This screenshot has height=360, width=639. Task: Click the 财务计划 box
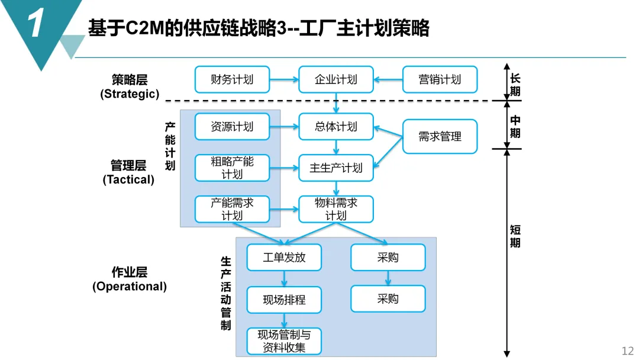click(232, 79)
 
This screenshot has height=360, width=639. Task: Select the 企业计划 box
click(336, 79)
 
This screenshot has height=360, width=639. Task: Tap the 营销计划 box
click(440, 79)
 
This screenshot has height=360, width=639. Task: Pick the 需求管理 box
click(440, 136)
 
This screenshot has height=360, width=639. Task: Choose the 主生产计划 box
click(336, 168)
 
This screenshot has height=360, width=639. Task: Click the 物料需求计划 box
click(336, 209)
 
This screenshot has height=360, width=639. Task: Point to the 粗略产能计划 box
click(232, 168)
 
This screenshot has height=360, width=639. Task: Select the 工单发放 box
click(284, 258)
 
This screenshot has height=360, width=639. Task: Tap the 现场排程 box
click(284, 300)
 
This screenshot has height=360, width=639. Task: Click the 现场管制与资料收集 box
click(284, 342)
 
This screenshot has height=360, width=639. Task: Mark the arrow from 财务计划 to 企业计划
click(284, 79)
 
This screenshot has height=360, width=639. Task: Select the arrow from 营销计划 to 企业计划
click(388, 79)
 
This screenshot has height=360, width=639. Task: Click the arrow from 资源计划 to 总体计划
click(284, 126)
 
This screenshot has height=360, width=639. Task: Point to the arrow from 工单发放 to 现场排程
click(284, 279)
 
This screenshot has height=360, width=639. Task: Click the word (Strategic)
click(130, 94)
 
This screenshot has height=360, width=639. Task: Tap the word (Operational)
click(130, 287)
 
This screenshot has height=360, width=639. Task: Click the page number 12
click(627, 351)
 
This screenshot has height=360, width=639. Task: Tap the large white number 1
click(37, 25)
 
